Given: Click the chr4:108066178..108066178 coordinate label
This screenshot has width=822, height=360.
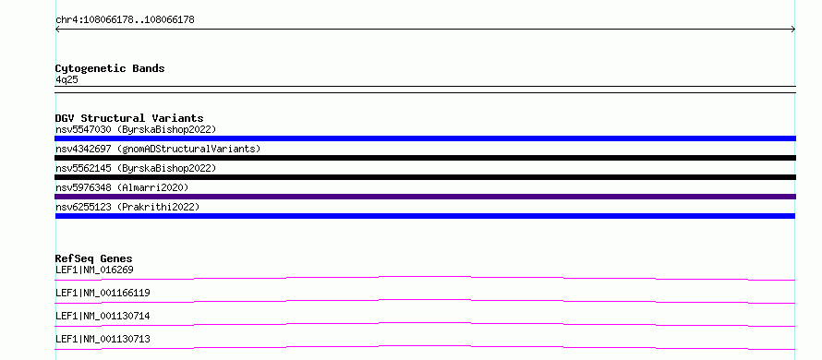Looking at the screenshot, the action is [x=125, y=20].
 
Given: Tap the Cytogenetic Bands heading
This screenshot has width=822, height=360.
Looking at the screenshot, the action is [x=110, y=68].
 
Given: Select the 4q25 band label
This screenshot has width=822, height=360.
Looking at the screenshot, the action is [x=66, y=79].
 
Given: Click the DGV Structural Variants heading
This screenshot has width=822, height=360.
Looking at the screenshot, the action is [x=129, y=118].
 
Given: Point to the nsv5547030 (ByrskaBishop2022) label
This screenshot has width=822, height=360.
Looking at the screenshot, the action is [x=135, y=129].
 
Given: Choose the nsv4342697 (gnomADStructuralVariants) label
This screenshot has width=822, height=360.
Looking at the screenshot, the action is [x=158, y=149].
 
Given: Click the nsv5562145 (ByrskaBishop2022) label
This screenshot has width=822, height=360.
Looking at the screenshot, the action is [x=135, y=168].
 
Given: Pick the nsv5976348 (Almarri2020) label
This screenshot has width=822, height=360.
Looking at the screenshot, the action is [x=122, y=187].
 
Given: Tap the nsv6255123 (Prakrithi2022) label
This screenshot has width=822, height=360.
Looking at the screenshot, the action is [x=127, y=207].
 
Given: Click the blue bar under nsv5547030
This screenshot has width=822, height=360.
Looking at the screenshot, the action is [x=425, y=138].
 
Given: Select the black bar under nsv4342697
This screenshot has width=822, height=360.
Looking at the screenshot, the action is [x=425, y=158].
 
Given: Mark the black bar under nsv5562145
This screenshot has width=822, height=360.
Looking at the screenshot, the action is [x=425, y=177].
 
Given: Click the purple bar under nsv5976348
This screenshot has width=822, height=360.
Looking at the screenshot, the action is [x=425, y=197].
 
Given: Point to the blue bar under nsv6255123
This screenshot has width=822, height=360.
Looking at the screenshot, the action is [x=425, y=216].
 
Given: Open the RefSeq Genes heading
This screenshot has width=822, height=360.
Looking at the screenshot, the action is [x=93, y=258].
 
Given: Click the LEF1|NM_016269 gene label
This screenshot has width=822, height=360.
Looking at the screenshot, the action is [x=94, y=270].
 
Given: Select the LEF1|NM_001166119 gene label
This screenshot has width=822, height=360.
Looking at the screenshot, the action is [x=103, y=293].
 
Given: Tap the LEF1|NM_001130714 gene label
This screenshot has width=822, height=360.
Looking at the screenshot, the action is [x=103, y=316].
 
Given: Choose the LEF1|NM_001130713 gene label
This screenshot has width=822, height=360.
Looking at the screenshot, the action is [x=103, y=339].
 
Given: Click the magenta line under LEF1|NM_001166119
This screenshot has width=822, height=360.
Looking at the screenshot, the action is [x=425, y=300].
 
